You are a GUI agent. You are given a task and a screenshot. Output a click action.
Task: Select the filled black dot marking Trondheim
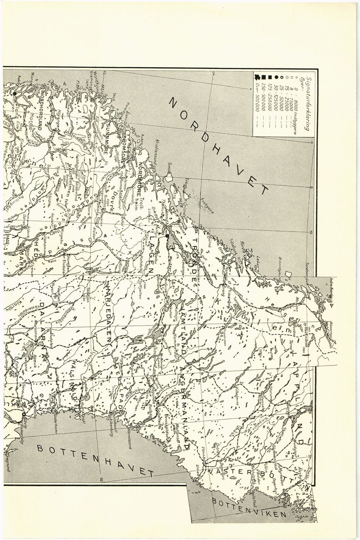(167, 236)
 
